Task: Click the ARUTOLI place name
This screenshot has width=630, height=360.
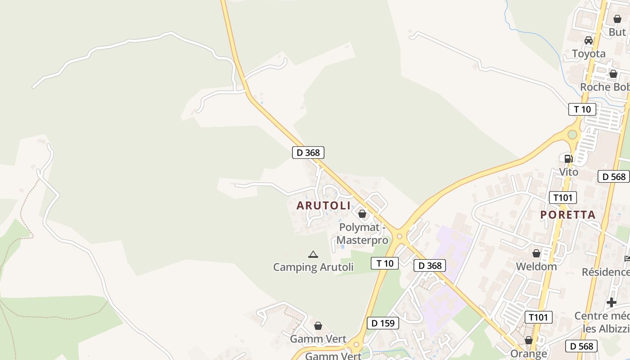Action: [323, 206]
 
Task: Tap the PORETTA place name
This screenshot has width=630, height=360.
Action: [568, 215]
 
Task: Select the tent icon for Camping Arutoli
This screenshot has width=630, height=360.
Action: [313, 254]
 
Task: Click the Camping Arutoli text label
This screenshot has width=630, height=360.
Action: [313, 267]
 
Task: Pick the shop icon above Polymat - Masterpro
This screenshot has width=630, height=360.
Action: [362, 214]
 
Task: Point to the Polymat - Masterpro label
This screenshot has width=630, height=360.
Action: [362, 234]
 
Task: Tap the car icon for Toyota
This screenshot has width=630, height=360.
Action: [588, 40]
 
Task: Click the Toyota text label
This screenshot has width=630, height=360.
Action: [589, 54]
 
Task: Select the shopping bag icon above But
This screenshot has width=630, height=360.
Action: [617, 19]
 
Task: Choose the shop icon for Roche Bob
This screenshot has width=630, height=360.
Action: [613, 74]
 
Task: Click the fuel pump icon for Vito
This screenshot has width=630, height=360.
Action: [568, 158]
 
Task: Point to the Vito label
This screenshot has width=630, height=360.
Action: [568, 172]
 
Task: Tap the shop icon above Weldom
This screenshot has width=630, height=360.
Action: [536, 253]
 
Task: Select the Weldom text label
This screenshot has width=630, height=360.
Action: [536, 266]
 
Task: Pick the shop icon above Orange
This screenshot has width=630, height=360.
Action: [528, 340]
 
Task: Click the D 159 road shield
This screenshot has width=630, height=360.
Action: [383, 323]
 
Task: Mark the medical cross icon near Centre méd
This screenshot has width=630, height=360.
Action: [611, 302]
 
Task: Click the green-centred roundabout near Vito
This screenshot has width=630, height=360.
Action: [572, 134]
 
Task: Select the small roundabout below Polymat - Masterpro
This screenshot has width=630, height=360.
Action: [399, 236]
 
